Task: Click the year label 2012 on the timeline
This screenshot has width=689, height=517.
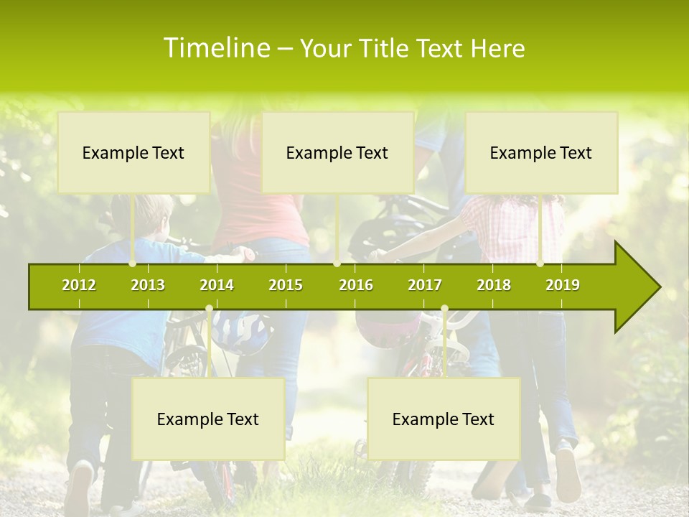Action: (79, 285)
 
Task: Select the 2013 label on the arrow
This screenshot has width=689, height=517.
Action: (148, 285)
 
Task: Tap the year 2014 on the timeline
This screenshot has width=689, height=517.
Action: (217, 285)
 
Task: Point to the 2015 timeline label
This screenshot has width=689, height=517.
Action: (286, 285)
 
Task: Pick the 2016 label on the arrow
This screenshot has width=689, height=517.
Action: (356, 285)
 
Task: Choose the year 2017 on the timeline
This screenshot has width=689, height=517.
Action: (425, 285)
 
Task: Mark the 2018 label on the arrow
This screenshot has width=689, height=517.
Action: (494, 285)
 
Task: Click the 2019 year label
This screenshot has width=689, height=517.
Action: (563, 285)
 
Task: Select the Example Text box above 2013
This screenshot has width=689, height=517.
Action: (133, 152)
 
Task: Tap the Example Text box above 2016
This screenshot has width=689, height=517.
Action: (337, 152)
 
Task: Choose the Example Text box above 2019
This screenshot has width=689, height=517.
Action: (541, 152)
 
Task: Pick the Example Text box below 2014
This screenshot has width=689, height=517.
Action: (208, 419)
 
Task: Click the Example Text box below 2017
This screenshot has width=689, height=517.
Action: (444, 419)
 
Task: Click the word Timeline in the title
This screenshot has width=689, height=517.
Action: (215, 48)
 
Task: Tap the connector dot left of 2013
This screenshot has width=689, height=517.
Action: (133, 264)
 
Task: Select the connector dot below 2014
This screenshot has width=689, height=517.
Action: (209, 309)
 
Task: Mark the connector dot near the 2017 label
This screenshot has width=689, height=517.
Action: (444, 309)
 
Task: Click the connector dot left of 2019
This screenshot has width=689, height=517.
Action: (540, 264)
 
